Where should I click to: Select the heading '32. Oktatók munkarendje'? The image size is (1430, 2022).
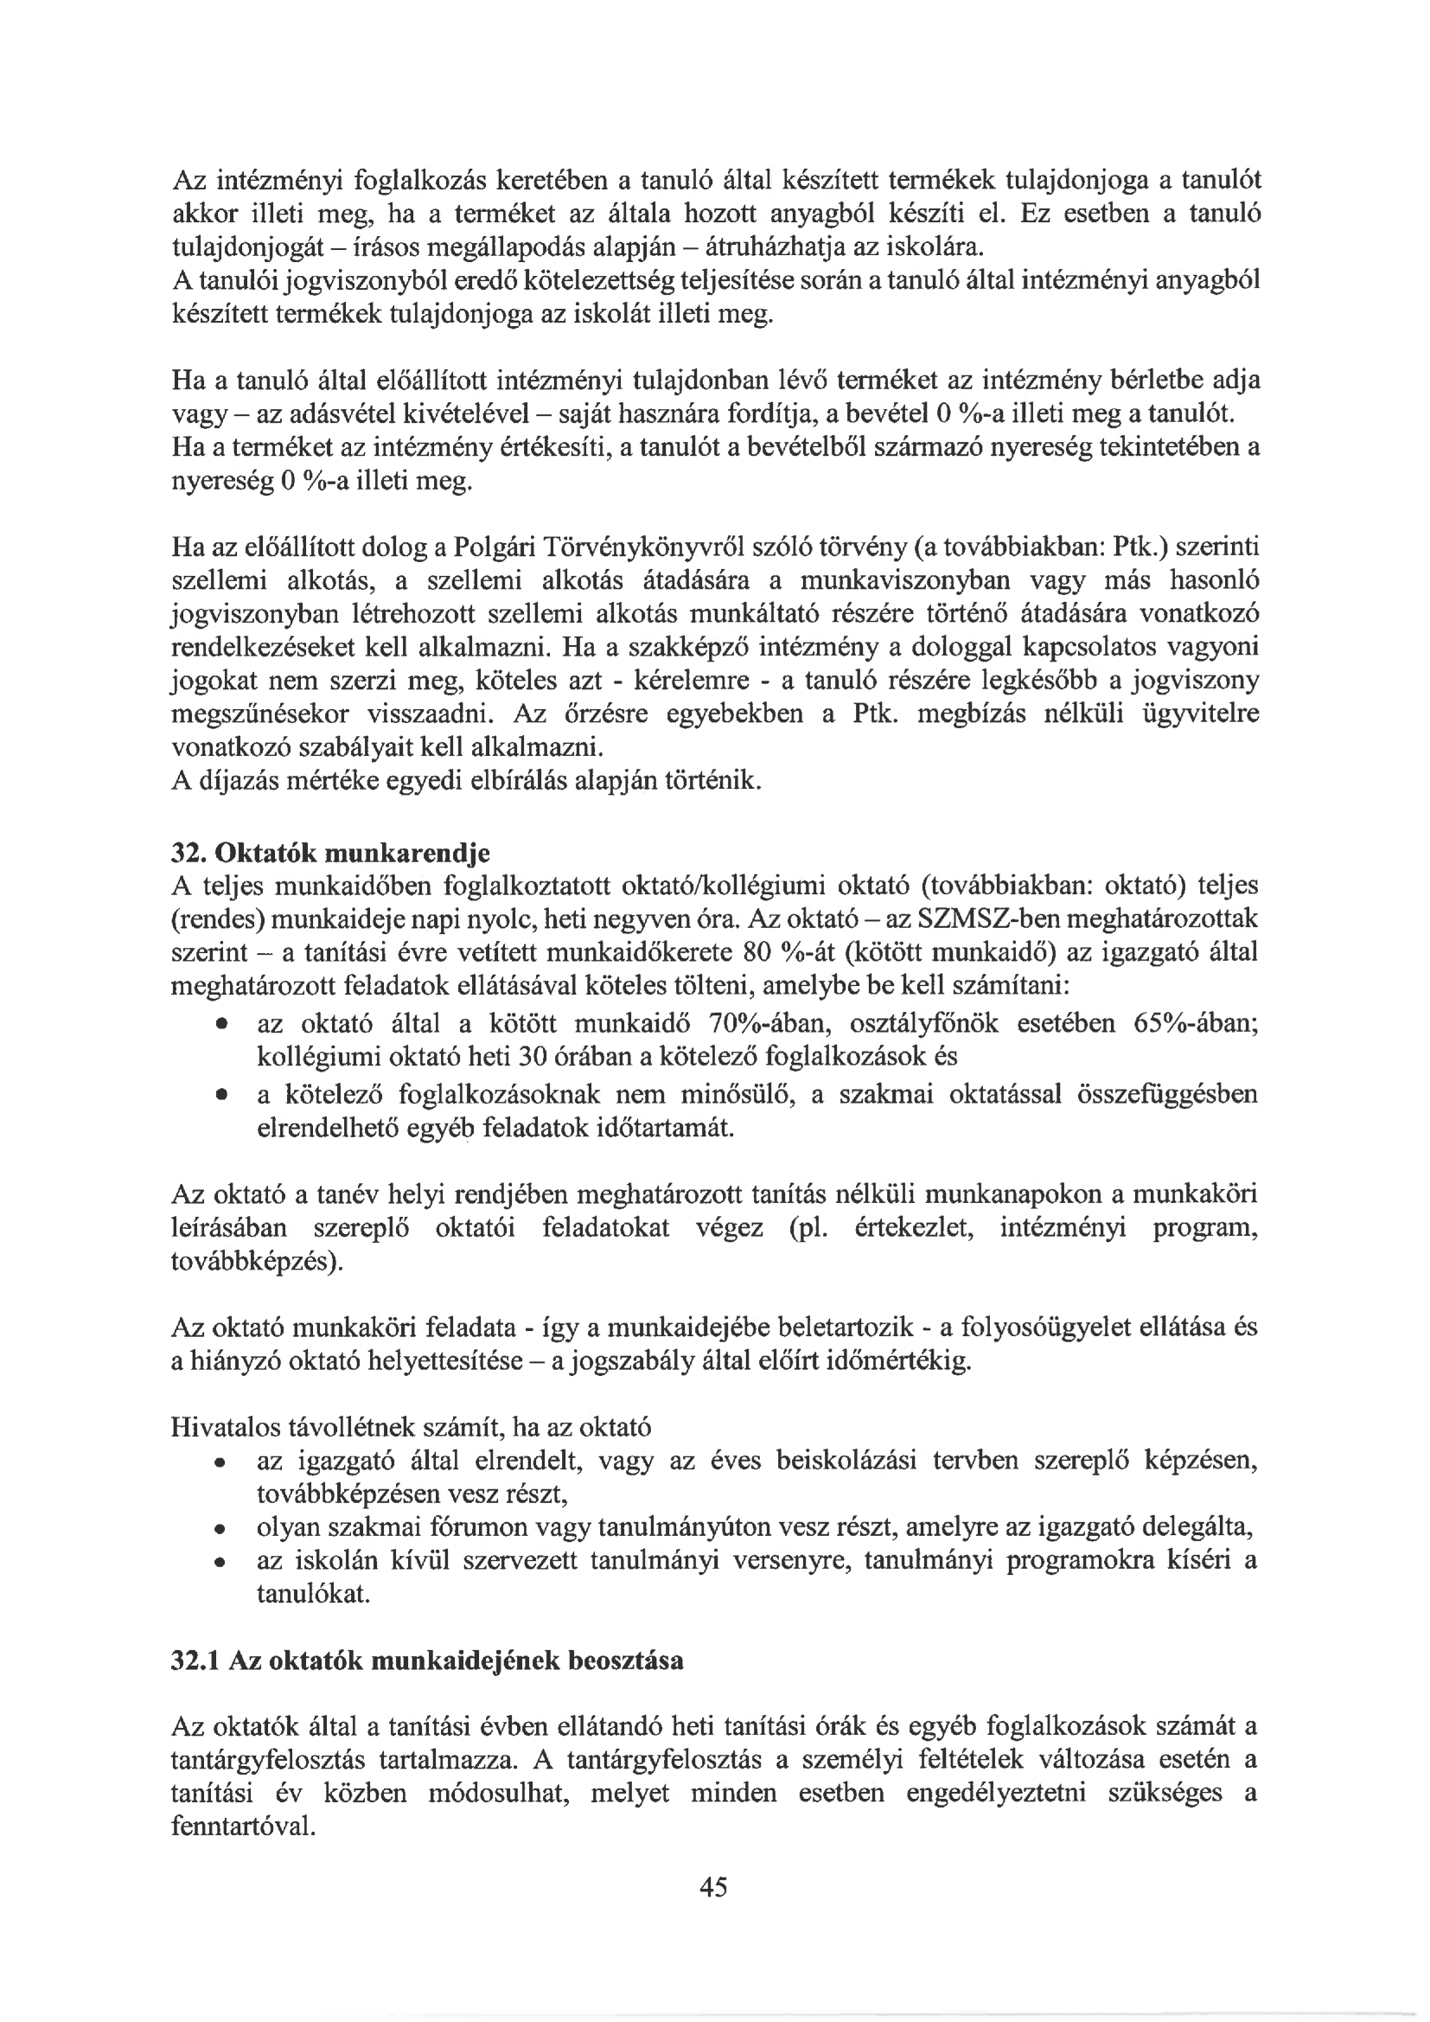tap(330, 854)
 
